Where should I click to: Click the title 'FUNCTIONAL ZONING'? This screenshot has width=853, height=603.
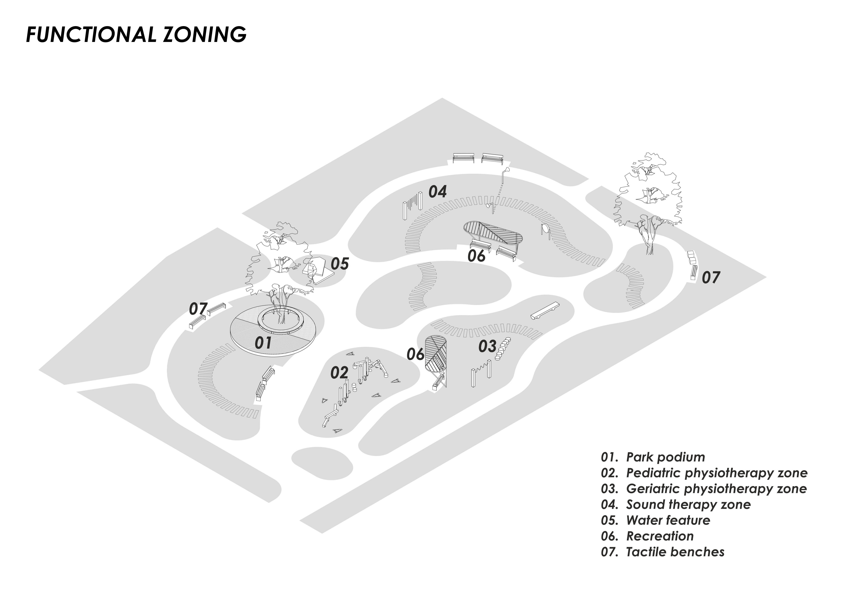(136, 35)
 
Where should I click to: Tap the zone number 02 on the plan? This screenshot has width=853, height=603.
(339, 373)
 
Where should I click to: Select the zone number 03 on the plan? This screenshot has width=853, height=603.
(487, 346)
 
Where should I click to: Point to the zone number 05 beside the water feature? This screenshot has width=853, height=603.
(340, 264)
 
